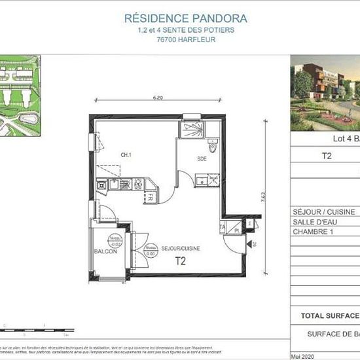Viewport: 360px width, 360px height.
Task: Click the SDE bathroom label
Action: click(203, 159)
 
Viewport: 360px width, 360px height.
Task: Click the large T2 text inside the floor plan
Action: click(180, 261)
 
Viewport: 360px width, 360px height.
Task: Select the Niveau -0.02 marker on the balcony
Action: click(115, 240)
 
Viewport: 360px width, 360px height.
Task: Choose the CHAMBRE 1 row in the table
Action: click(314, 232)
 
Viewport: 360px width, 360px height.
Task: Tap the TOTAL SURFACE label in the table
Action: click(329, 315)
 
